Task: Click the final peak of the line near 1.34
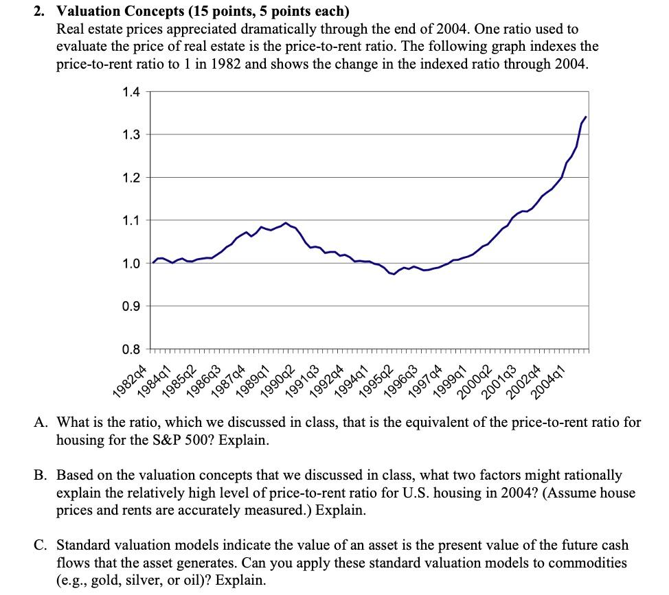[x=585, y=117]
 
